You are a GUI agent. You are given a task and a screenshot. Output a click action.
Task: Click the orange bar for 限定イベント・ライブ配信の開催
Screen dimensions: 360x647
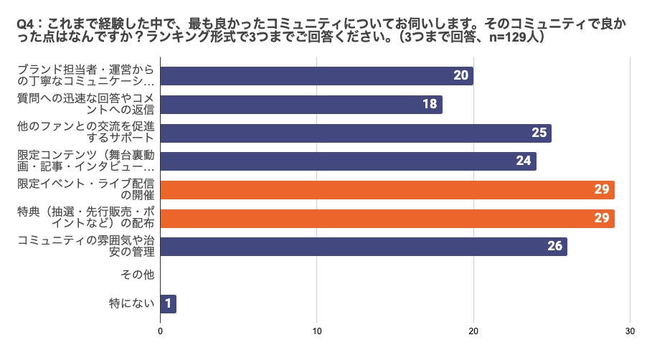coord(387,190)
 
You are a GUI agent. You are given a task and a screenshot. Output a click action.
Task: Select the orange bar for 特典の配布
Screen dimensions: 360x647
coord(387,218)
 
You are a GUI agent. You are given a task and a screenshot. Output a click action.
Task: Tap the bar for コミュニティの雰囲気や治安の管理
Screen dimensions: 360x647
coord(364,247)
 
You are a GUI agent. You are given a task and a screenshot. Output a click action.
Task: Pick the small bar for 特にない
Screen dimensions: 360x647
coord(168,303)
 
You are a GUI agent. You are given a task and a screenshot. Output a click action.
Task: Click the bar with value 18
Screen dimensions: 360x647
coord(301,105)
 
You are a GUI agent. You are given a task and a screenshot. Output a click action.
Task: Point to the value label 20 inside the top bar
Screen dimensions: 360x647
coord(461,76)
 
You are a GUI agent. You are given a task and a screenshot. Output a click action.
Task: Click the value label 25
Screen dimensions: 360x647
coord(539,133)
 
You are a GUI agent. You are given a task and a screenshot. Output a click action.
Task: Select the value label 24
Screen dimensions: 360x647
coord(524,161)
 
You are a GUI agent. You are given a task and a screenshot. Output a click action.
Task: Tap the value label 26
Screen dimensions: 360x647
coord(554,247)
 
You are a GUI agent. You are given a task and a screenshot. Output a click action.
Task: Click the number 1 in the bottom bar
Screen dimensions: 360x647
coord(168,303)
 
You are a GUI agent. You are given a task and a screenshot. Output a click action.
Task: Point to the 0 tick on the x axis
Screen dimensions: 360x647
coord(160,331)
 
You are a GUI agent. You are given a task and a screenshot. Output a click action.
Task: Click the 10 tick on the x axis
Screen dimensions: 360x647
coord(316,331)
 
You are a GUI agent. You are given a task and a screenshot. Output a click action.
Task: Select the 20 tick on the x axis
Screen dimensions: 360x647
coord(473,331)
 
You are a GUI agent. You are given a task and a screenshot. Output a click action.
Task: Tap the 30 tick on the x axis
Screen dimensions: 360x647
coord(629,331)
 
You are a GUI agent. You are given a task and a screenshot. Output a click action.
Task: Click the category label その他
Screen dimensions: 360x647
coord(138,275)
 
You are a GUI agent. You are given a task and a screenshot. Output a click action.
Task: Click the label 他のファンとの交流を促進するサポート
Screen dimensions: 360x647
coord(85,133)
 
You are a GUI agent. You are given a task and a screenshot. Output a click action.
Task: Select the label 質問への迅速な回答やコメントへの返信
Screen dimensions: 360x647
coord(85,105)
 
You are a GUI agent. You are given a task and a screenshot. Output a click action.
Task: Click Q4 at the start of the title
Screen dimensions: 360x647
coord(26,23)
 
